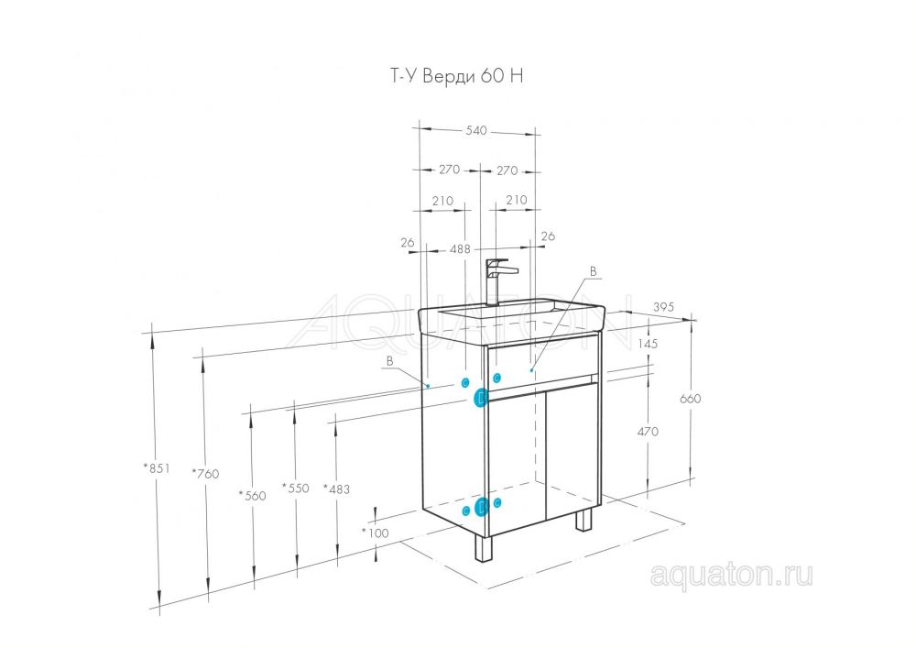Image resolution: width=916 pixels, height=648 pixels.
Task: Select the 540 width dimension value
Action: point(475,131)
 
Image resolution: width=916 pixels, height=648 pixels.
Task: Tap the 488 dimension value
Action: point(460,248)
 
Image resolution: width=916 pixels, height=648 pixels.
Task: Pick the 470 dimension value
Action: point(647,431)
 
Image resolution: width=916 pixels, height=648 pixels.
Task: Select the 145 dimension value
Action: point(647,345)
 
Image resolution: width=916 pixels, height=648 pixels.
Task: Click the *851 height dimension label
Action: point(157,467)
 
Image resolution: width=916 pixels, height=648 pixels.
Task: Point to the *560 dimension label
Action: point(252,495)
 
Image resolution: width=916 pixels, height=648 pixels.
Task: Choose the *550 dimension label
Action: point(295,488)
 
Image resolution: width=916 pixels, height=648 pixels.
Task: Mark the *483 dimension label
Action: point(336,489)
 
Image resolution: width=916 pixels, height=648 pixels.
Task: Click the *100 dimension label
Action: point(375,532)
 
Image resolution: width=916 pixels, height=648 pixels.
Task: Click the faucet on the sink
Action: point(496,280)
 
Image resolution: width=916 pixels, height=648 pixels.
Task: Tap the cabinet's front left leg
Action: point(482,547)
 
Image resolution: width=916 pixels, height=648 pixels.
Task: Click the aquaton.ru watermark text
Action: point(731,575)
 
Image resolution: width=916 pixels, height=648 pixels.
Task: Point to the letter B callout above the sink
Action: point(593,272)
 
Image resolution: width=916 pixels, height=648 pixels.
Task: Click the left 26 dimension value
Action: point(408,243)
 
